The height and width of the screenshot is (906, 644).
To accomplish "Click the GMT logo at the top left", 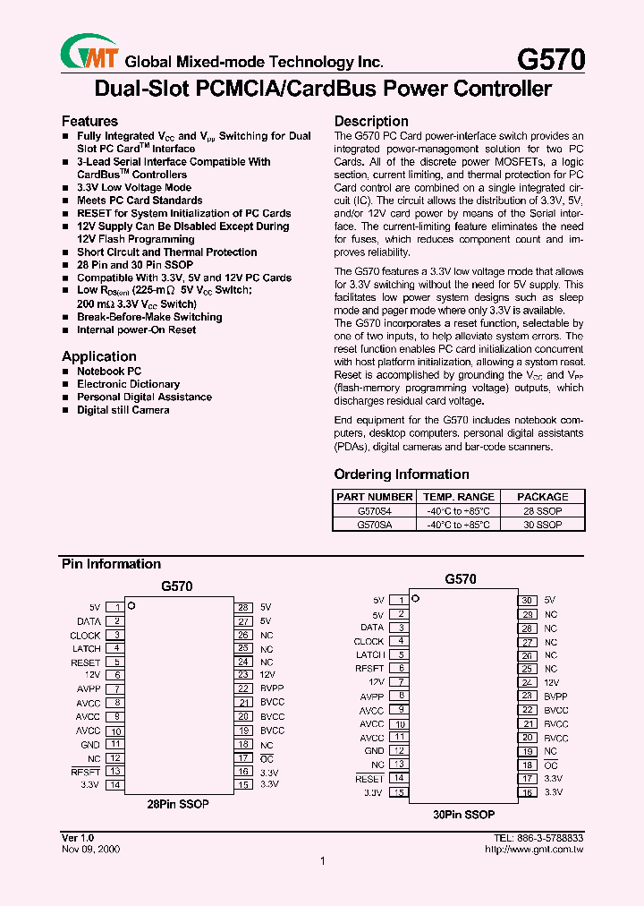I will pos(89,53).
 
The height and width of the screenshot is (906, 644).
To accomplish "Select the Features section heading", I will pos(89,121).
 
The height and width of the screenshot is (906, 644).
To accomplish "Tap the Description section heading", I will pos(371,121).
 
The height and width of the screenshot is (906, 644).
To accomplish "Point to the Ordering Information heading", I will pos(402,474).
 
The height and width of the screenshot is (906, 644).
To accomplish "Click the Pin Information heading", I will pos(111,564).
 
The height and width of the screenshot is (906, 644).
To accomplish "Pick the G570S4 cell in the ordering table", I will pos(374,510).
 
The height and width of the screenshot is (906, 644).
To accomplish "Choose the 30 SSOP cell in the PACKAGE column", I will pos(542,525).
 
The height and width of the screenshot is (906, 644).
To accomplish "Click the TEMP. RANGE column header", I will pos(458,496).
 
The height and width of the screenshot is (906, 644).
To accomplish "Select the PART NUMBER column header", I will pos(374,496).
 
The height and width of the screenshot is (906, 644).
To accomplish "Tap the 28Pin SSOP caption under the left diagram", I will pos(178,804).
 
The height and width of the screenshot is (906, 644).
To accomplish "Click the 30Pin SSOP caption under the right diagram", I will pos(463,815).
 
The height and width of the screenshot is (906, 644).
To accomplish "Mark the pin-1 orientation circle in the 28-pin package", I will pos(131,606).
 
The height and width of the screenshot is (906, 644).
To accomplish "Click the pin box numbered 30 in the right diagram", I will pos(528,601).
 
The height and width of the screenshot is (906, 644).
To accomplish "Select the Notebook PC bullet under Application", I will pos(109,371).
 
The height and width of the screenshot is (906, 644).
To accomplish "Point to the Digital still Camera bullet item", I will pos(123,410).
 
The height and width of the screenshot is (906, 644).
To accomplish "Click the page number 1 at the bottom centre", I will pos(322,861).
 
